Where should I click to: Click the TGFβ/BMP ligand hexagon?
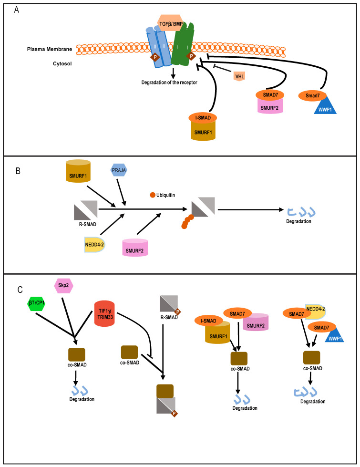click(x=170, y=23)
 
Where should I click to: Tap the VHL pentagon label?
click(x=240, y=76)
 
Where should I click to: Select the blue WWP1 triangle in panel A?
click(x=326, y=105)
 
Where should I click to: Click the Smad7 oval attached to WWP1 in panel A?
click(x=312, y=95)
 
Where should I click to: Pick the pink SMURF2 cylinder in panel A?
click(x=270, y=106)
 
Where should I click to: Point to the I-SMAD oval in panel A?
click(x=203, y=118)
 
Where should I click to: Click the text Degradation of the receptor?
click(x=169, y=82)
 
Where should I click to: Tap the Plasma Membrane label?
click(x=50, y=49)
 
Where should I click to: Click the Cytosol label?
click(x=62, y=63)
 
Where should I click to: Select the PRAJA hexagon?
click(x=119, y=170)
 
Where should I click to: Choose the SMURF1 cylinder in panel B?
click(x=78, y=171)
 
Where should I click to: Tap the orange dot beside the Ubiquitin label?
click(x=153, y=195)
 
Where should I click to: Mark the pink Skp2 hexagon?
click(x=63, y=285)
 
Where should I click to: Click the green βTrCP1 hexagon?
click(x=36, y=303)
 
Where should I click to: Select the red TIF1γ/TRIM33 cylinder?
click(x=104, y=313)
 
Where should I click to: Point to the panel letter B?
click(x=18, y=171)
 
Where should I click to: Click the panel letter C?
click(x=20, y=290)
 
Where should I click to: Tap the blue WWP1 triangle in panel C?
click(x=335, y=334)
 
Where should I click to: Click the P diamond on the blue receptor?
click(x=155, y=57)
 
